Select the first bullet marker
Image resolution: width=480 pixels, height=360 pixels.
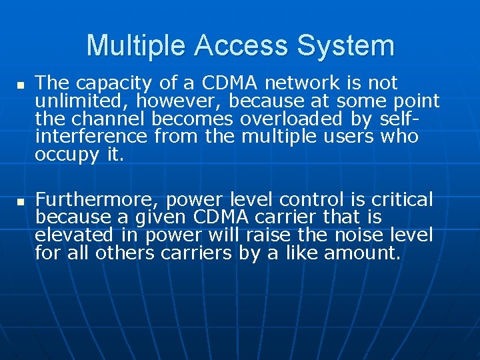tap(21, 86)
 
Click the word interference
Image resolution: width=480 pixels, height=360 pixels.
tap(91, 137)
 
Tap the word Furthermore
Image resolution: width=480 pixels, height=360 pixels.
tap(97, 199)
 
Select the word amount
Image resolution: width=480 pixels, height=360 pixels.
tap(362, 253)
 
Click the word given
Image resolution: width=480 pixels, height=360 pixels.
tap(163, 217)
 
